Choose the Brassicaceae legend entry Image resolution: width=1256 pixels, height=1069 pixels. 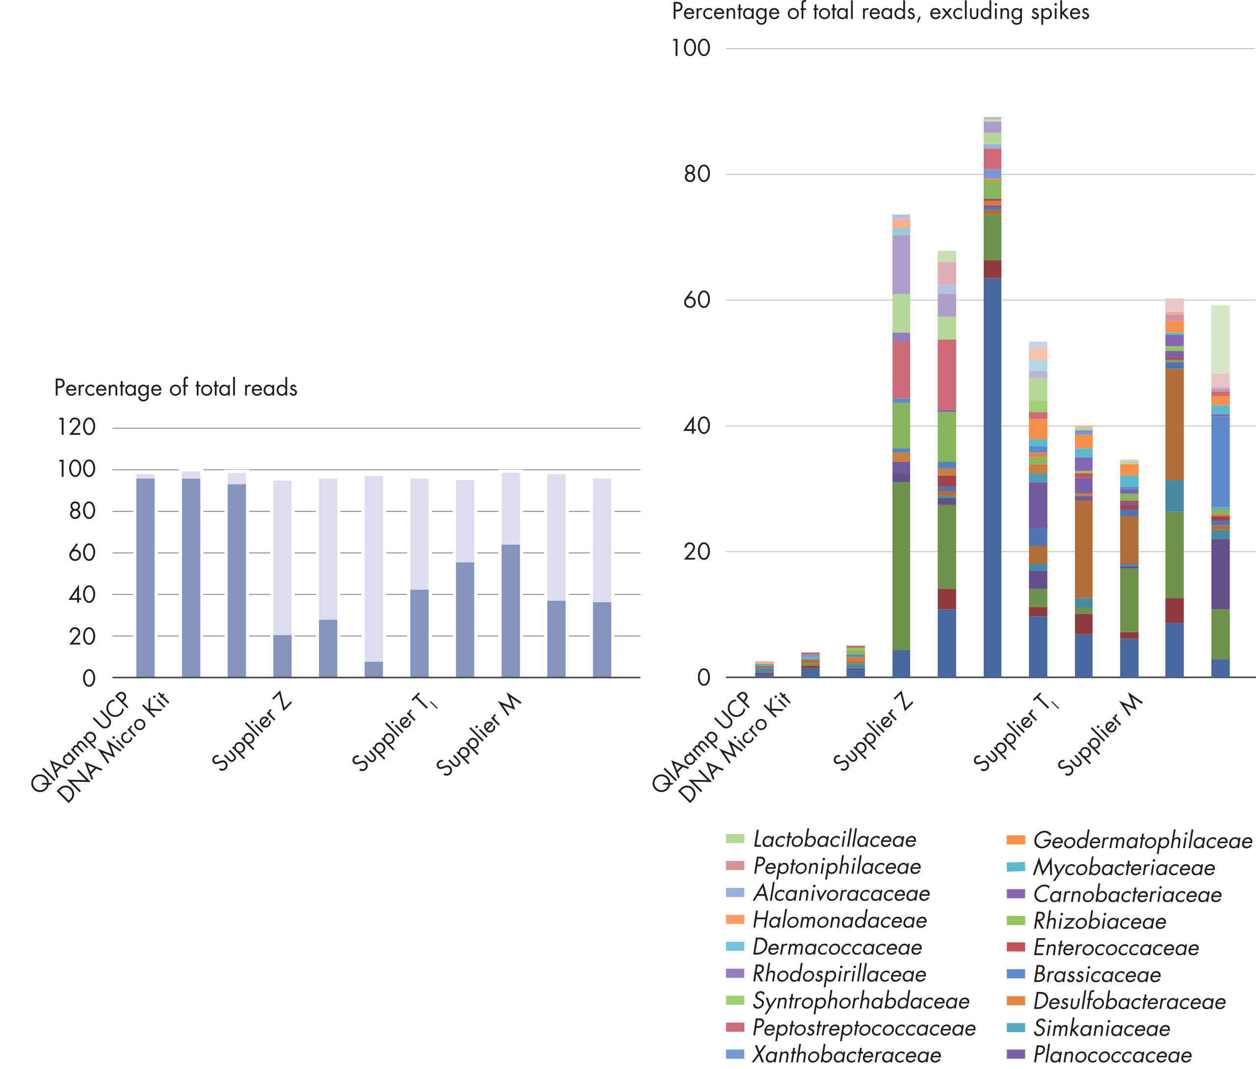1097,974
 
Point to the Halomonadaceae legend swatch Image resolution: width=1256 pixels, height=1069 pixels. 735,920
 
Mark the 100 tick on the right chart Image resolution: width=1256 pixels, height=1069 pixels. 691,49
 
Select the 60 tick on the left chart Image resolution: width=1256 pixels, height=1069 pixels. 82,553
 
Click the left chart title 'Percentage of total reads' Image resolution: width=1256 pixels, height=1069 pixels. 176,388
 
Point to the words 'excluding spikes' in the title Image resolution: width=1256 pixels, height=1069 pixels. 1009,12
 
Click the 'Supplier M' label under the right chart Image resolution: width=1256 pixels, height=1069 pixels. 1099,734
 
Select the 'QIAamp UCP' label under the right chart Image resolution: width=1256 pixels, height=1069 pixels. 702,742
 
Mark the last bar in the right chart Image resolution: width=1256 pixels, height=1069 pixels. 1220,491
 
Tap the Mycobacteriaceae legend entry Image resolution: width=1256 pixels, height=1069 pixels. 1124,868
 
